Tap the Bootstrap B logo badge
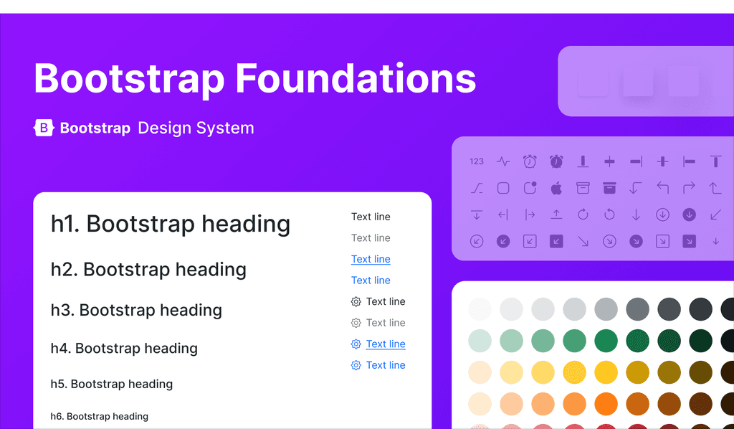click(44, 128)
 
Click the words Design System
click(196, 128)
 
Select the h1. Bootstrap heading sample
click(171, 224)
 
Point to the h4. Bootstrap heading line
click(124, 349)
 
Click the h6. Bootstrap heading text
click(100, 416)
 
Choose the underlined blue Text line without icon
click(371, 259)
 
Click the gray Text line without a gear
click(371, 238)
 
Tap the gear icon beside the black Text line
click(356, 302)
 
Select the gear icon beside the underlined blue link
click(356, 344)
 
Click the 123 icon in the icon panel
click(477, 161)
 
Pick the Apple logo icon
click(556, 188)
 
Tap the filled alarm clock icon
click(556, 161)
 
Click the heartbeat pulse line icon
click(503, 161)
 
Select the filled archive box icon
click(609, 188)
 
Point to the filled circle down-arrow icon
click(689, 214)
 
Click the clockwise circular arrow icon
click(583, 214)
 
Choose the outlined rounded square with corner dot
click(530, 188)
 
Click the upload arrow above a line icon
click(556, 214)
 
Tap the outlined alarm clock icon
click(530, 161)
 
